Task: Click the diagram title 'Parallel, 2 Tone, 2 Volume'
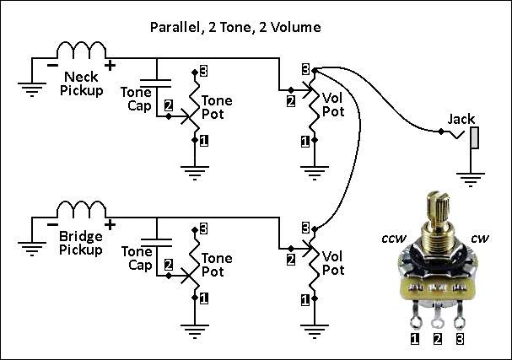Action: coord(235,27)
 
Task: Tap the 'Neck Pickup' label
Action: coord(82,83)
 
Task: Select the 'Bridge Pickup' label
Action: coord(81,243)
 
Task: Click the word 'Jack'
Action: coord(461,119)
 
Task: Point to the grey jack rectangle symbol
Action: coord(475,137)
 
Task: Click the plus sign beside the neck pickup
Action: coord(110,66)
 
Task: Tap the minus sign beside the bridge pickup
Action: coord(52,224)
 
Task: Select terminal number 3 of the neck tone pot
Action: coord(203,71)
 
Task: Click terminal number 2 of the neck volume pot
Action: coord(291,101)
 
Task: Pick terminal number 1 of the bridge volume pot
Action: coord(305,300)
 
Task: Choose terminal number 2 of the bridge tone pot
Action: coord(169,265)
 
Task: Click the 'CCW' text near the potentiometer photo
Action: coord(394,239)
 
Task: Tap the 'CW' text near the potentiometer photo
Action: coord(480,239)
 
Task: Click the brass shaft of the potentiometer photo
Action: coord(437,209)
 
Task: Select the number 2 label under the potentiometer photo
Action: coord(437,339)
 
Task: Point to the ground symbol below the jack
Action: coord(471,180)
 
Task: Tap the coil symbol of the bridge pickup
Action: coord(81,210)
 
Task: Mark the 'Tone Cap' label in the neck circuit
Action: coord(136,99)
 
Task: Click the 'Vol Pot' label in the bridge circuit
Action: coord(333,263)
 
